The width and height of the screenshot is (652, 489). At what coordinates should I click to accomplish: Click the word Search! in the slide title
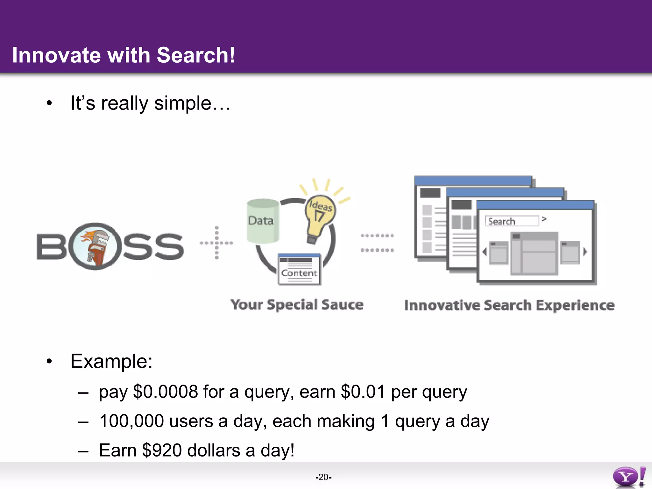[195, 55]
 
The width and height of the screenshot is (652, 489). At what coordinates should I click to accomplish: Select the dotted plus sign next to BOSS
[216, 243]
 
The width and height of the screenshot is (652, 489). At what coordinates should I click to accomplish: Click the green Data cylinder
[263, 221]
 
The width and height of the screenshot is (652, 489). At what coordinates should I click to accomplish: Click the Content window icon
[299, 269]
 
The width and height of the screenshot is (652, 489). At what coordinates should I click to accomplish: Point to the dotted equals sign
[377, 243]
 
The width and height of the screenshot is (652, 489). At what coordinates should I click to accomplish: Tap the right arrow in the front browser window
[585, 252]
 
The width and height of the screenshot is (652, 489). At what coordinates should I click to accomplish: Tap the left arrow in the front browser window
[485, 252]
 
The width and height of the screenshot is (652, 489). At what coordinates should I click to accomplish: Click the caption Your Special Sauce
[297, 305]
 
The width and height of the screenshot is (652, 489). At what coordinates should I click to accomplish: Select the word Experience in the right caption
[575, 305]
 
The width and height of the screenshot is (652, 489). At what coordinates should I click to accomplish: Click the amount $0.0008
[166, 392]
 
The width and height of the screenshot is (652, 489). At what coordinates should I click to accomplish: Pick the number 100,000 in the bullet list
[131, 421]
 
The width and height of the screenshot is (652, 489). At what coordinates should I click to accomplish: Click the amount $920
[162, 450]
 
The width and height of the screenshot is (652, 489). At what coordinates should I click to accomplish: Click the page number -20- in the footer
[323, 477]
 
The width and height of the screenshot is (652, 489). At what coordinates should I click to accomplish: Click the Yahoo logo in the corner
[629, 477]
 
